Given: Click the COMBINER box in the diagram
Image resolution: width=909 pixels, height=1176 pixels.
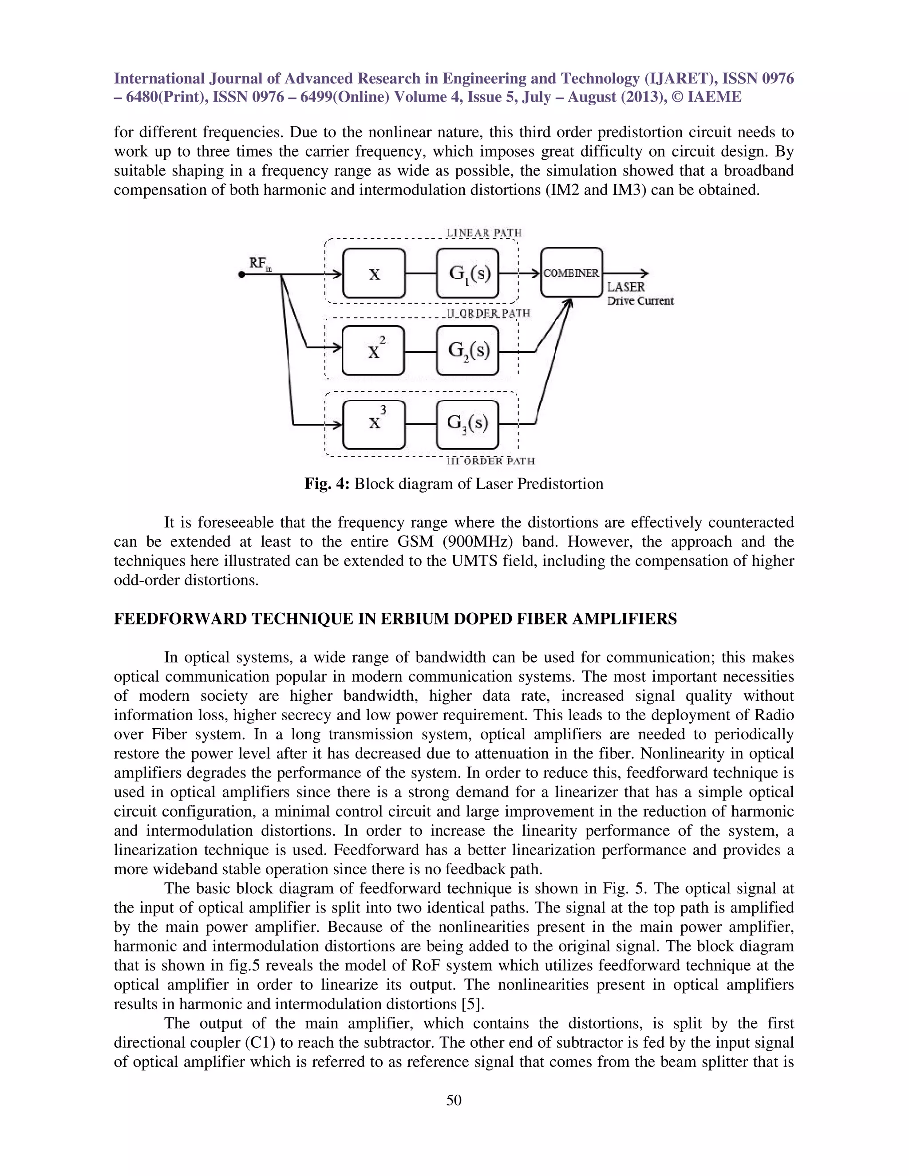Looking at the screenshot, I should (x=571, y=272).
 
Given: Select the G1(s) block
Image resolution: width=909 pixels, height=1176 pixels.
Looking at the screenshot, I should (x=467, y=273).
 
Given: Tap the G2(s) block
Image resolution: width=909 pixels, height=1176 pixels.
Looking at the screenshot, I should (x=467, y=351).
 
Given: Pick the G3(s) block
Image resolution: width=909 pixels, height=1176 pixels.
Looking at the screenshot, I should (x=467, y=424).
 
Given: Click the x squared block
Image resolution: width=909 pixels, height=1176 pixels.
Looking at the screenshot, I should (x=373, y=351).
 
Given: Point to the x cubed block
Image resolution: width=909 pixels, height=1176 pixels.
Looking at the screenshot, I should (x=373, y=424).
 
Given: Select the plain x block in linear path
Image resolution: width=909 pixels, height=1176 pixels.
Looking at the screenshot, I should (x=373, y=273).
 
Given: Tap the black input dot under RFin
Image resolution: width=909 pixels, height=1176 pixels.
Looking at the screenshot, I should (x=242, y=275).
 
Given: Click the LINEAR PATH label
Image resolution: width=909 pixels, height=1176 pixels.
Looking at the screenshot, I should (x=484, y=233).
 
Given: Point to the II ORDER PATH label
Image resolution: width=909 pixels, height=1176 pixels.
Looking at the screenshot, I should (x=488, y=313).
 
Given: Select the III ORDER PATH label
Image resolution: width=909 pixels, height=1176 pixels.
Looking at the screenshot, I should (x=490, y=461).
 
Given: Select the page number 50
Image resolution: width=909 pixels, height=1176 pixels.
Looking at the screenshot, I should (x=454, y=1100).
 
